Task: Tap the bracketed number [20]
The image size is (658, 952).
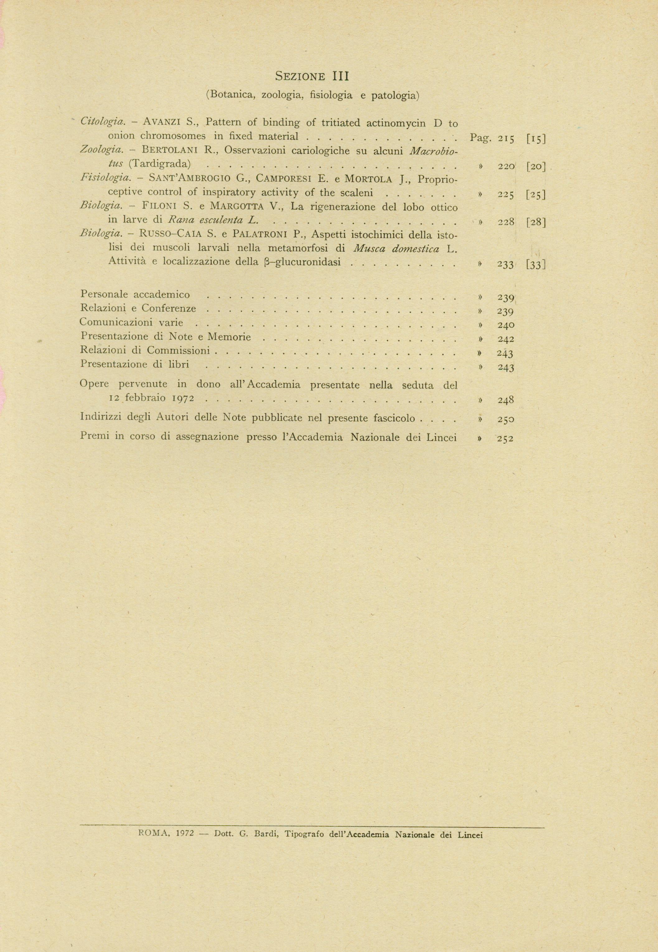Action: [x=536, y=166]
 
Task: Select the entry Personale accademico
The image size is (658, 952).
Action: [x=135, y=294]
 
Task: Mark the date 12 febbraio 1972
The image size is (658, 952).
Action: [x=151, y=398]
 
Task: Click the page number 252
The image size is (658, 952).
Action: [x=505, y=439]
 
